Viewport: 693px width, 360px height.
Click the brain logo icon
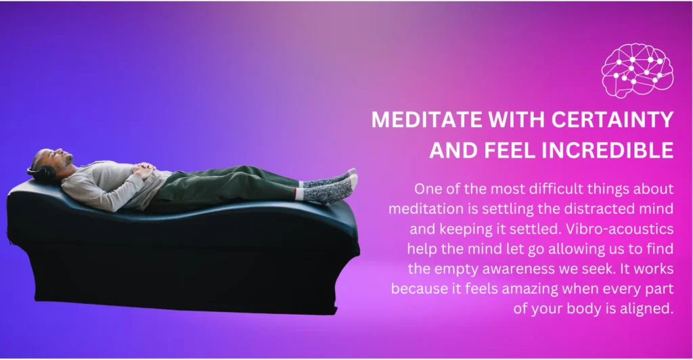[638, 70]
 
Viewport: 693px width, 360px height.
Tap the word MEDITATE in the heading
[414, 119]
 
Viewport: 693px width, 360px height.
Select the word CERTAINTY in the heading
[612, 119]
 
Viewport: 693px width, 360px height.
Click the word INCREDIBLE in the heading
[608, 150]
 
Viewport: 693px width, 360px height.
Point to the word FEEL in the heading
[510, 150]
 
